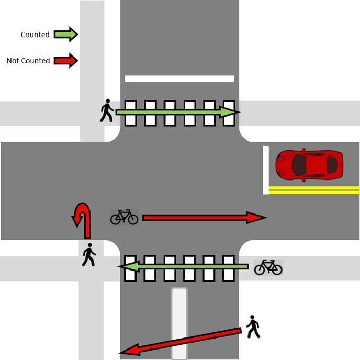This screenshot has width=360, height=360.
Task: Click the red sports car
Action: [x=309, y=165]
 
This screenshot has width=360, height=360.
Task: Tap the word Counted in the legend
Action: [x=35, y=35]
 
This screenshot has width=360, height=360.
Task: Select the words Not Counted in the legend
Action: [x=28, y=61]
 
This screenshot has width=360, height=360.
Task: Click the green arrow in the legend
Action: [x=65, y=35]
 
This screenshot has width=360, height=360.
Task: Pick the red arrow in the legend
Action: [x=65, y=61]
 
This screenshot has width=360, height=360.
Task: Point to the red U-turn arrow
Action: [x=83, y=220]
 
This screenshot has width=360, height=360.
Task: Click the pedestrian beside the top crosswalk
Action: [x=107, y=110]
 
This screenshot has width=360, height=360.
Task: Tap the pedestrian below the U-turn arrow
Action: [x=89, y=255]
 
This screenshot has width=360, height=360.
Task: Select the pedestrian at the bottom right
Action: [x=253, y=327]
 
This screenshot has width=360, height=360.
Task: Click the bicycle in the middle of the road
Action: [x=124, y=217]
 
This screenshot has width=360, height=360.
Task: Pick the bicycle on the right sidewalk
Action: [x=268, y=267]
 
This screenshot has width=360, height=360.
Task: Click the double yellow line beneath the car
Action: [x=314, y=190]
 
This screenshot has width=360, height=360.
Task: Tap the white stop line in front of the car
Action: [x=266, y=170]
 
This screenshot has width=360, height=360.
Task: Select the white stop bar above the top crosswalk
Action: [x=179, y=78]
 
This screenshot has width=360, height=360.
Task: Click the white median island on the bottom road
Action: [x=179, y=323]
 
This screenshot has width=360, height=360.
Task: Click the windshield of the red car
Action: [x=299, y=165]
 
